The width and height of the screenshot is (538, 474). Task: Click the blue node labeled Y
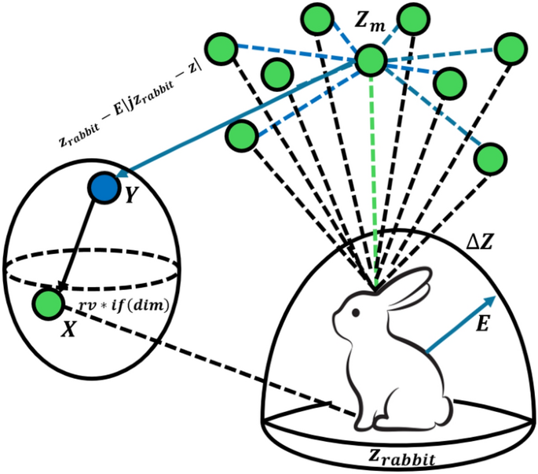(102, 189)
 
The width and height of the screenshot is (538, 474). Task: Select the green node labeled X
(48, 303)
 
